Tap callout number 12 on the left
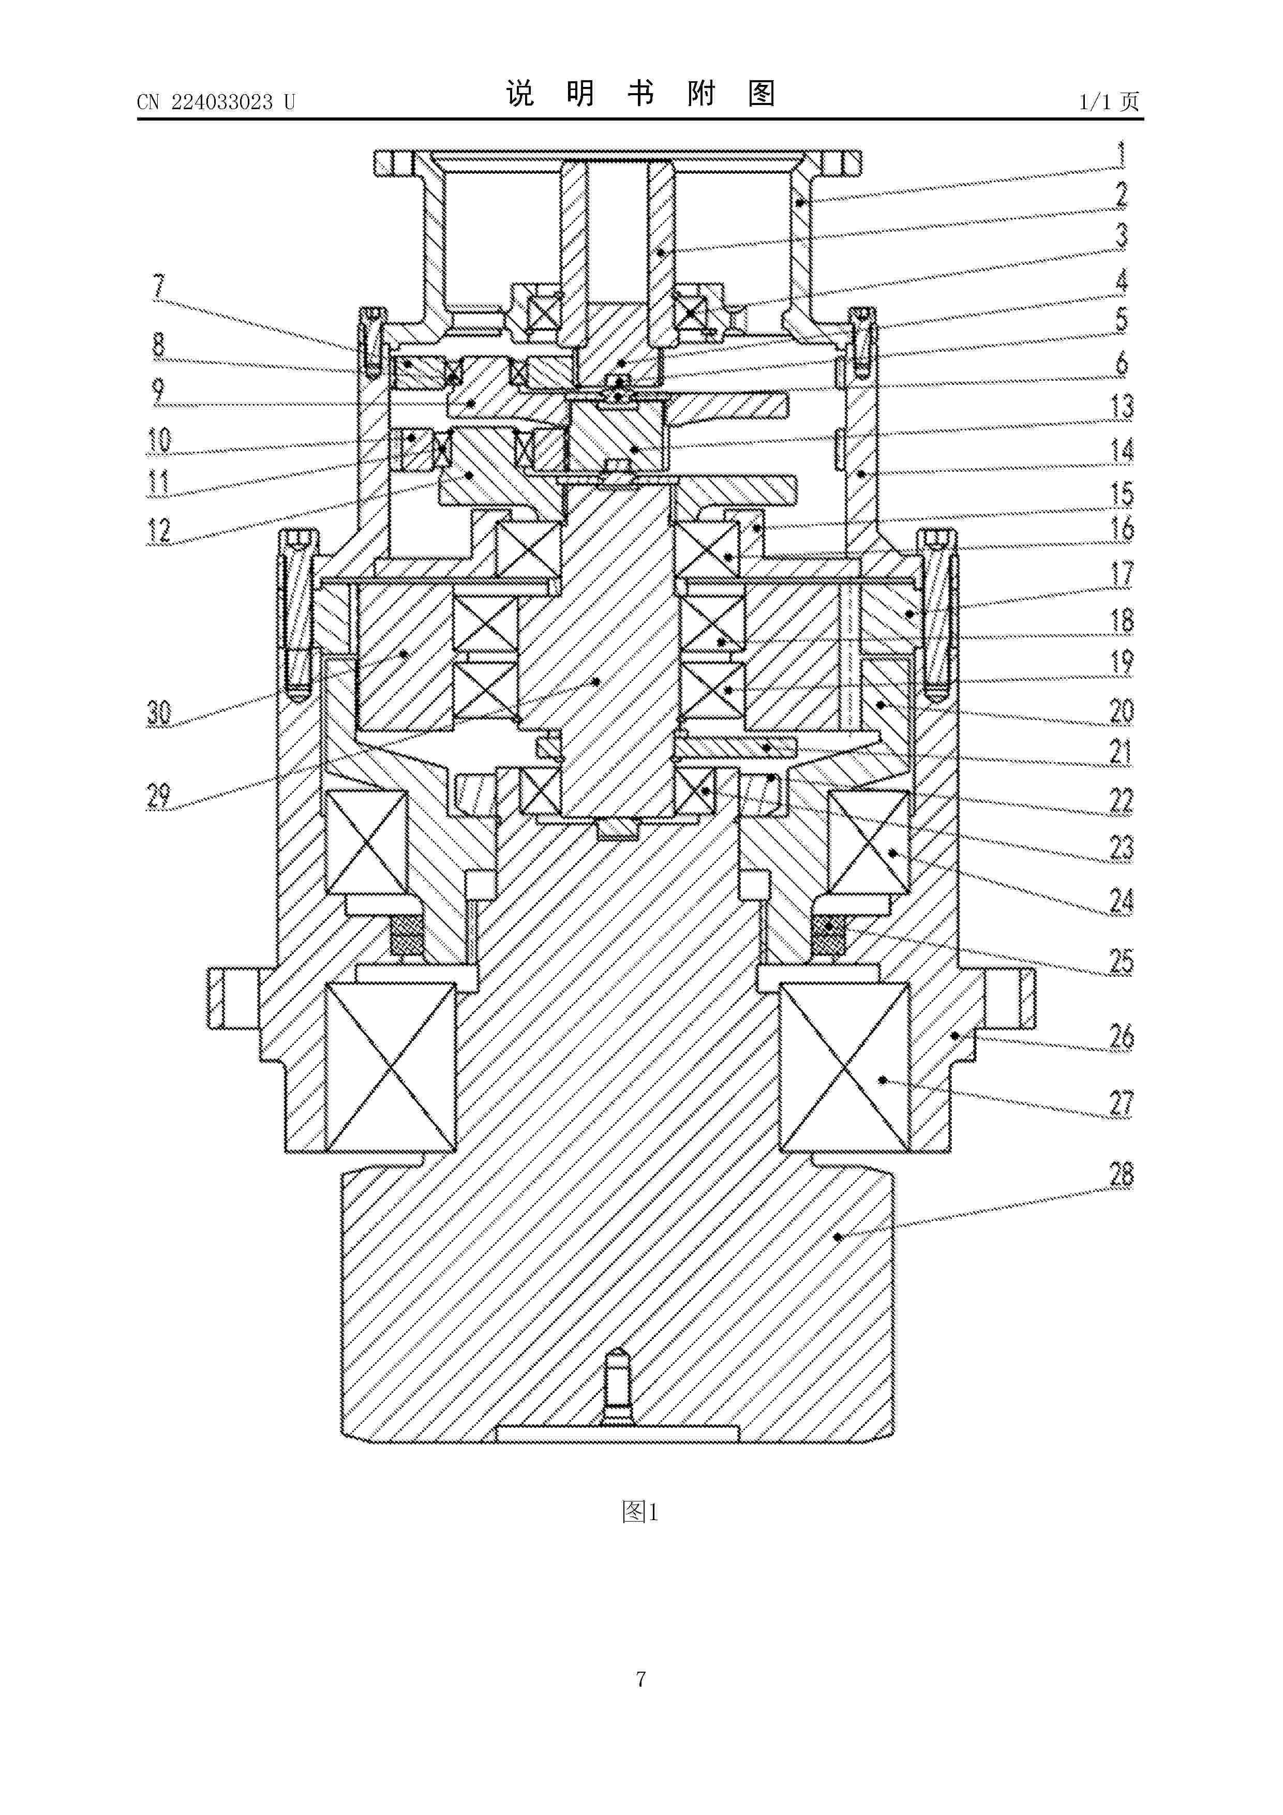coord(159,530)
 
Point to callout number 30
coord(159,713)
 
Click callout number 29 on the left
coord(159,795)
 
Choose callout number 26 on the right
coord(1122,1036)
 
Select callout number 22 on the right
coord(1122,801)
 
